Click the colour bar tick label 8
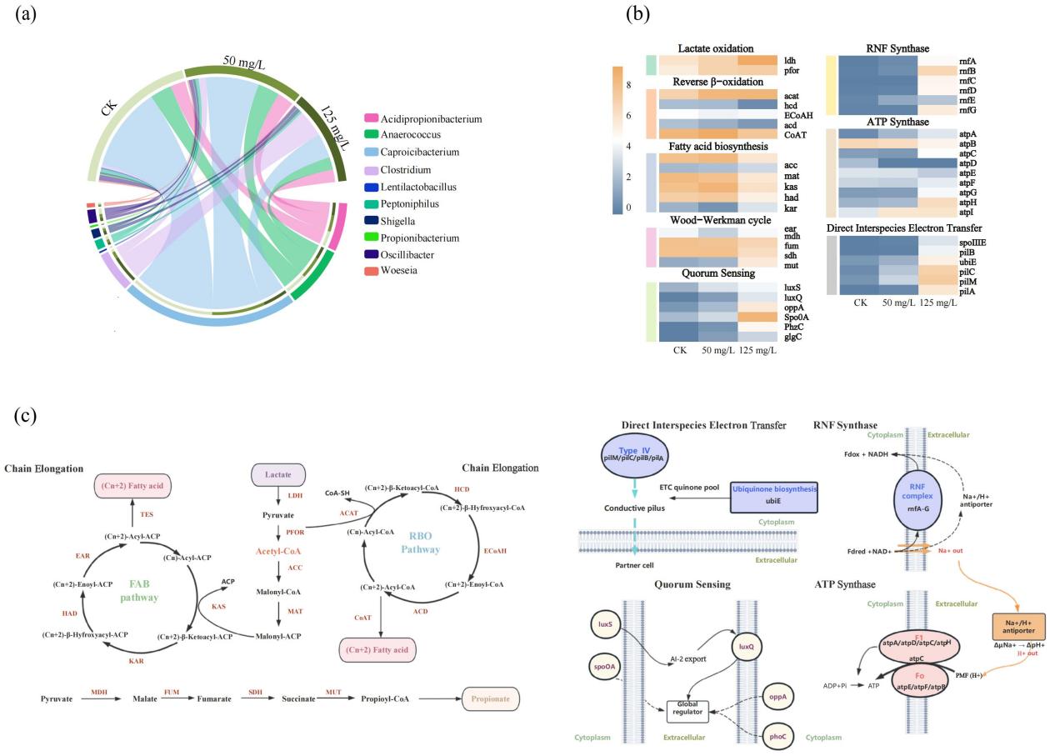tap(629, 85)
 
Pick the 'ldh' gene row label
tap(791, 61)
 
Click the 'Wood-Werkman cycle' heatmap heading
tap(717, 220)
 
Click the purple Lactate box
tap(277, 475)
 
